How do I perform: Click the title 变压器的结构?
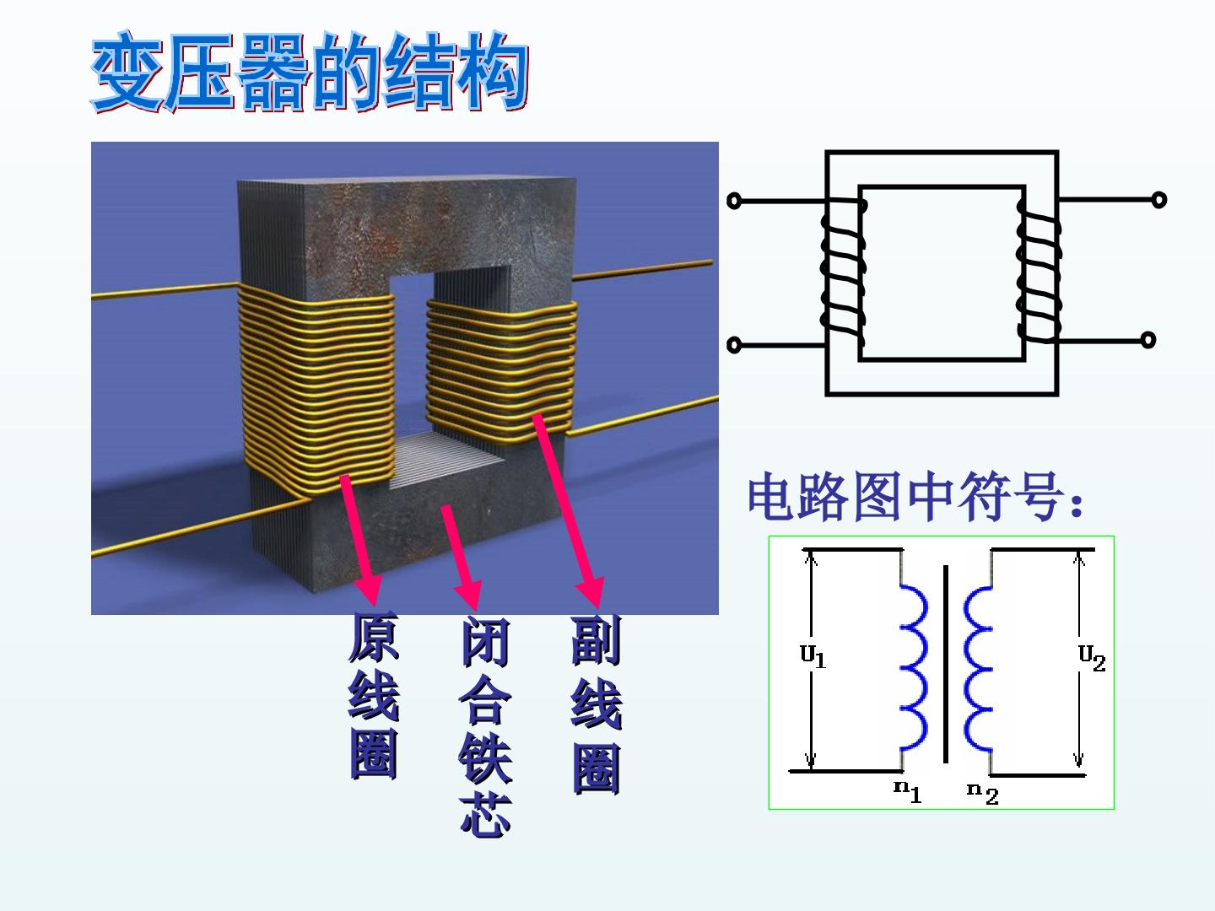[310, 72]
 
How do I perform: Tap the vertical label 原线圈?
[374, 695]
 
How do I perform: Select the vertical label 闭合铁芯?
[485, 725]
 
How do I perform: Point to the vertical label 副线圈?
[597, 704]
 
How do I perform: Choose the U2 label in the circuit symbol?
[1092, 657]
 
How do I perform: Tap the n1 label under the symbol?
[908, 791]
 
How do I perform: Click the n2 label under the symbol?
[983, 793]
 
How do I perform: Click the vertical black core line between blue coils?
[946, 664]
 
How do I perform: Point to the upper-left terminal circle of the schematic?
[734, 201]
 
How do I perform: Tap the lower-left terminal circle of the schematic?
[733, 345]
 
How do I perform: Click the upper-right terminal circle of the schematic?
[1158, 200]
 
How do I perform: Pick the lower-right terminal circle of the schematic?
[1148, 340]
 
